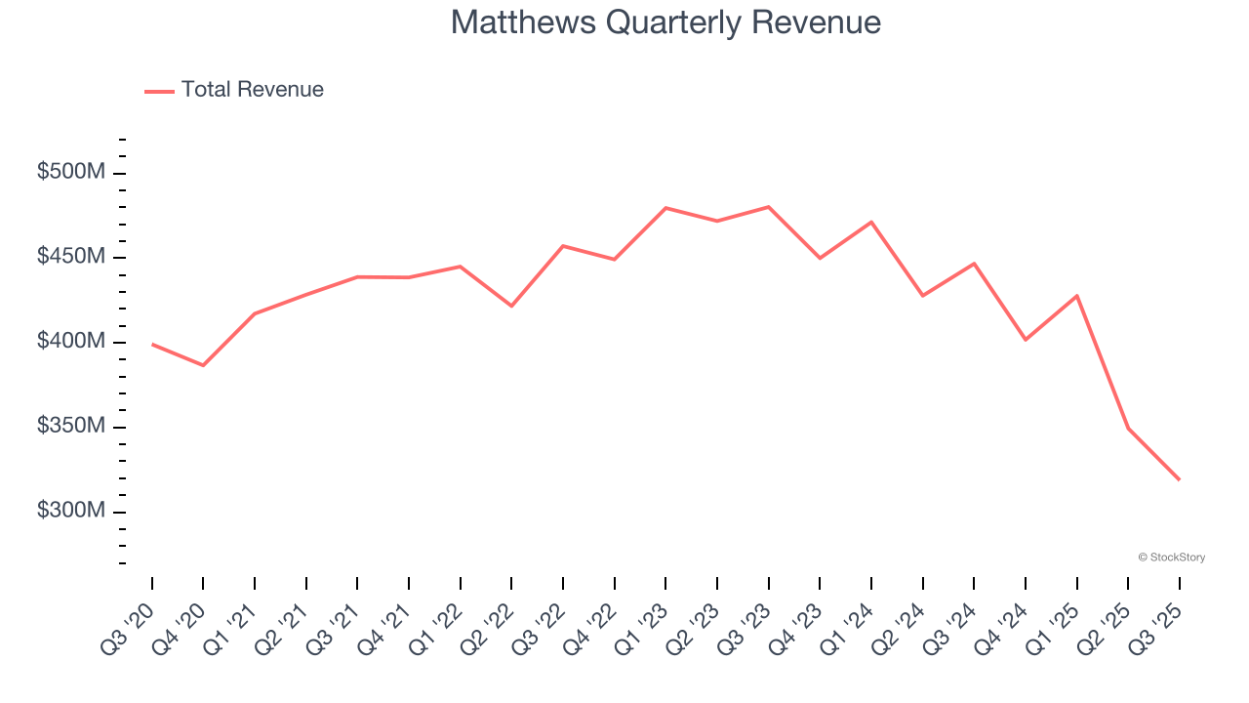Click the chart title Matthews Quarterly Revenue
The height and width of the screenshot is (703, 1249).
coord(665,22)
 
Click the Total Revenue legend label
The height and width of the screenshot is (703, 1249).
coord(252,90)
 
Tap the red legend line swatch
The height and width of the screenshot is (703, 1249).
coord(159,91)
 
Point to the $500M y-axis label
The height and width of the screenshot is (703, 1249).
coord(70,173)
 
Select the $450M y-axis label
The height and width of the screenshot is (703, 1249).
coord(70,257)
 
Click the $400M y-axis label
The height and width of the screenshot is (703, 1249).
coord(70,342)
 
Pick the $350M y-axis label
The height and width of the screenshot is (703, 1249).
coord(70,427)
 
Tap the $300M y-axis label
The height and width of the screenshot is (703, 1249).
coord(70,511)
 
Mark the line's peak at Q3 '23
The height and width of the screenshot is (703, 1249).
coord(769,207)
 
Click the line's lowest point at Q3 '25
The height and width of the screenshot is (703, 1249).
coord(1179,479)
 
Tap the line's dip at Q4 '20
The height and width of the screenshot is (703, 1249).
coord(203,365)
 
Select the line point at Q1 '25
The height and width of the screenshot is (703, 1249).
coord(1076,296)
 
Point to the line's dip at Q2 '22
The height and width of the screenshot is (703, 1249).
coord(511,306)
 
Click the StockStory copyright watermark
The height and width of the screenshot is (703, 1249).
coord(1171,558)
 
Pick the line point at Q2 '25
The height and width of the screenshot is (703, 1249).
coord(1128,429)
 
